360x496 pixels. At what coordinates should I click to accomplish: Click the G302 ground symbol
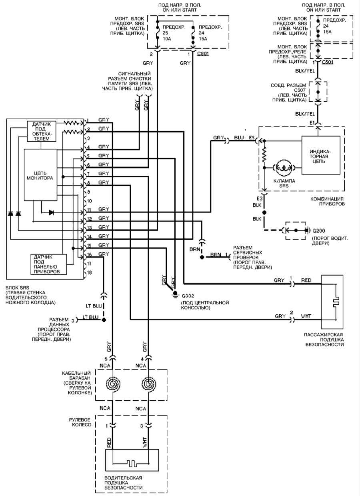[x=175, y=295]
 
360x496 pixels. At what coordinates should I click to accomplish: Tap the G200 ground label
[x=319, y=231]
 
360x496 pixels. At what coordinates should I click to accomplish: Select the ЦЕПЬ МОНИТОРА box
[x=40, y=175]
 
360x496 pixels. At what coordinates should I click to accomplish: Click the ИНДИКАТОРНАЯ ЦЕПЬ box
[x=321, y=155]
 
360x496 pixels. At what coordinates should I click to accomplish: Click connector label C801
[x=203, y=54]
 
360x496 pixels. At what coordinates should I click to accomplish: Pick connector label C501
[x=328, y=62]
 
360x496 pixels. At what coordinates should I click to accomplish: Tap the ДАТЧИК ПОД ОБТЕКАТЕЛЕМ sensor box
[x=41, y=131]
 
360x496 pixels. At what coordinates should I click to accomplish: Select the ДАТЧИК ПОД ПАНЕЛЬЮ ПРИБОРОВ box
[x=48, y=264]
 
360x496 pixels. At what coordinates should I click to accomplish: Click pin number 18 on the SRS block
[x=89, y=273]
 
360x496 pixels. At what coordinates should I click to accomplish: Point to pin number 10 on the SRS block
[x=89, y=201]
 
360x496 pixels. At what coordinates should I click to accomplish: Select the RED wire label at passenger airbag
[x=306, y=280]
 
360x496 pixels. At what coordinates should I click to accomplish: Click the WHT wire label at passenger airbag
[x=306, y=316]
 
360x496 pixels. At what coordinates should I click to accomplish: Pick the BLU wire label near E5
[x=239, y=137]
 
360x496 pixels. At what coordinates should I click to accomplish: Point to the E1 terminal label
[x=312, y=122]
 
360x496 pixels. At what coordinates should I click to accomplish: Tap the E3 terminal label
[x=260, y=198]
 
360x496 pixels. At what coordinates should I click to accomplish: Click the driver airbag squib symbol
[x=131, y=462]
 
